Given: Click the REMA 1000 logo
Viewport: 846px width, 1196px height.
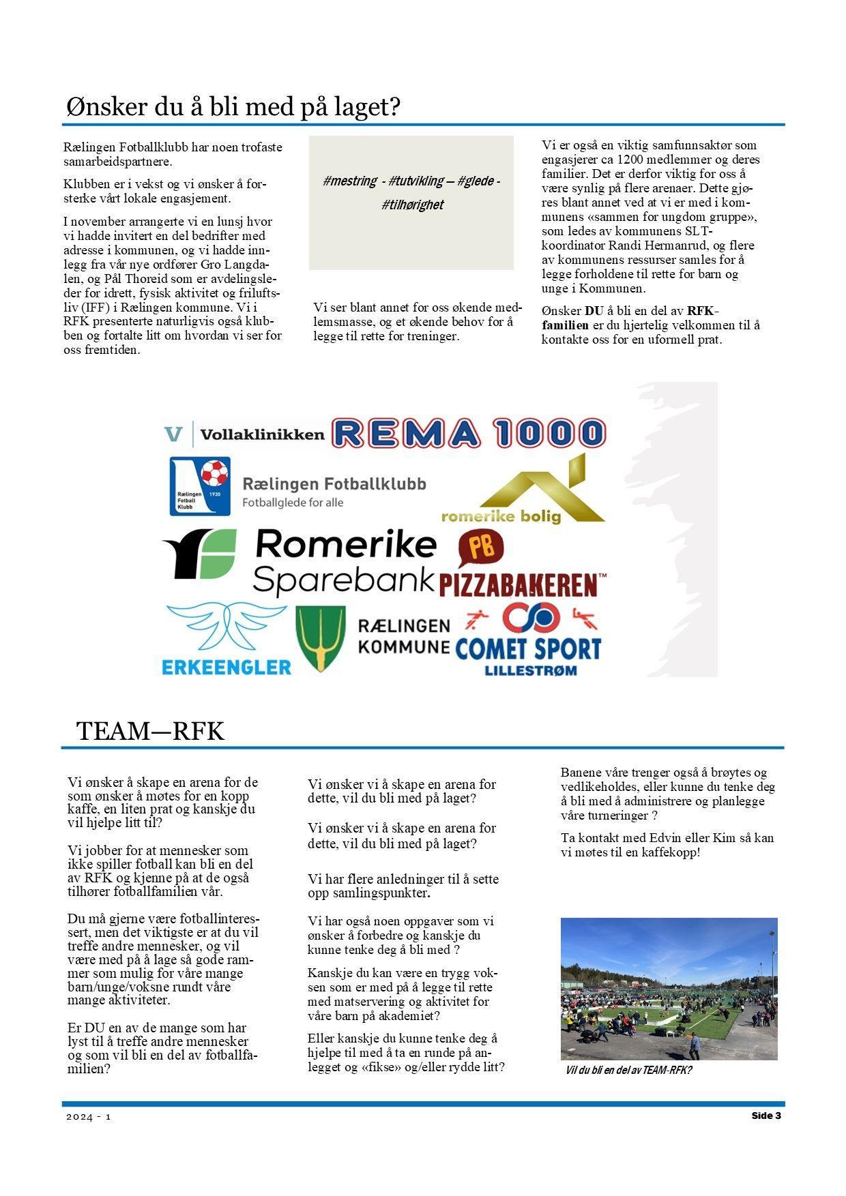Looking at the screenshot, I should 469,433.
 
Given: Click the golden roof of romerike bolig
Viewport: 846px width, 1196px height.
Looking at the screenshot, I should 539,491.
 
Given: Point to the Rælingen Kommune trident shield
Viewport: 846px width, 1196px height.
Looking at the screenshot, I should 320,638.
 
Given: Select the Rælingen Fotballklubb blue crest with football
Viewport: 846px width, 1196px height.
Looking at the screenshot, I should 199,485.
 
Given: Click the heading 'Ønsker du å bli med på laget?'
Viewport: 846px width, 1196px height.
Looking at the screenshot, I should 233,107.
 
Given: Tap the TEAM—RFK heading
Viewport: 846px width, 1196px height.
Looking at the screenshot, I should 150,731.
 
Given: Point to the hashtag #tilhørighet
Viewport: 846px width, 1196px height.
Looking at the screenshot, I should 413,205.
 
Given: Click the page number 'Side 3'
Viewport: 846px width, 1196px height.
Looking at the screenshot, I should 765,1116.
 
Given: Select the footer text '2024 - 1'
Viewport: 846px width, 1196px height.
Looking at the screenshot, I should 88,1117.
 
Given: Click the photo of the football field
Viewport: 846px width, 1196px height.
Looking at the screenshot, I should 669,988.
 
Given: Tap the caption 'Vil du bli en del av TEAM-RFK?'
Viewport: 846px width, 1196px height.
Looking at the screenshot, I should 628,1070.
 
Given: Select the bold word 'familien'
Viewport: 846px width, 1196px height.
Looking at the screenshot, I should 565,325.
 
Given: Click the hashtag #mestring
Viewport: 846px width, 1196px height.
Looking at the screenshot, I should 349,181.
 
